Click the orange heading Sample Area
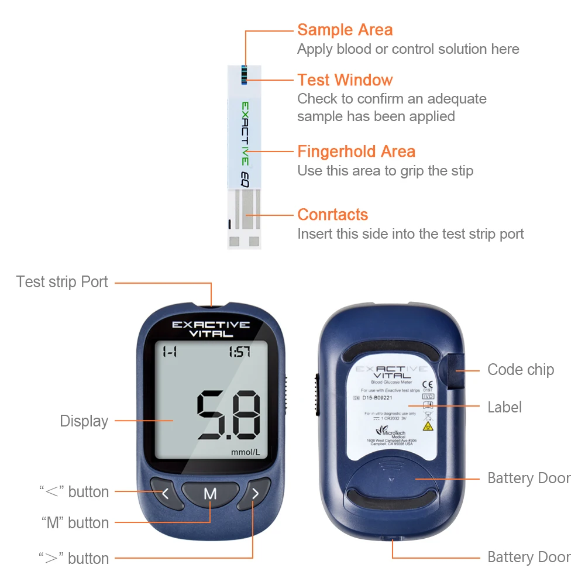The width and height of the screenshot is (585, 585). [345, 30]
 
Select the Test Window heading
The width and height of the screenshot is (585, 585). [345, 80]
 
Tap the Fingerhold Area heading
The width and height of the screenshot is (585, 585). [356, 152]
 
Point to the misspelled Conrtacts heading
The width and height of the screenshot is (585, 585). [332, 215]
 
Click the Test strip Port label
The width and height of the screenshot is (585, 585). [62, 282]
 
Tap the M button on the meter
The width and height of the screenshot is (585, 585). [210, 494]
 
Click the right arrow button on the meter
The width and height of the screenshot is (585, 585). [255, 494]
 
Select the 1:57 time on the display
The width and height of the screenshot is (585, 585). [239, 352]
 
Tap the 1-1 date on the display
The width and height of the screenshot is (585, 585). [170, 352]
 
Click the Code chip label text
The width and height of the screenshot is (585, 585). [521, 370]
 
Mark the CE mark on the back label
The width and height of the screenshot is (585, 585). [426, 384]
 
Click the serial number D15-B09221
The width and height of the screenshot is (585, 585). [377, 398]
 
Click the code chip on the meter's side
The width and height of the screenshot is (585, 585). [455, 370]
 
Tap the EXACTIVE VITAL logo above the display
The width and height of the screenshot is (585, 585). [211, 329]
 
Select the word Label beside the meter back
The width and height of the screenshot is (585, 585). [505, 407]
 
